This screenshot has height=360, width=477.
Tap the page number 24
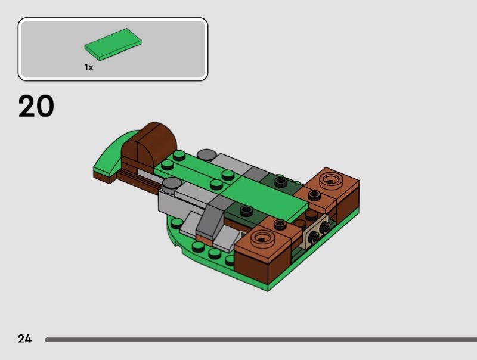click(24, 339)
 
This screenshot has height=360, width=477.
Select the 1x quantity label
click(89, 67)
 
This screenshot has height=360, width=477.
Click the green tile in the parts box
click(113, 44)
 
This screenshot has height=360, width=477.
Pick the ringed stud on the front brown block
click(262, 238)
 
